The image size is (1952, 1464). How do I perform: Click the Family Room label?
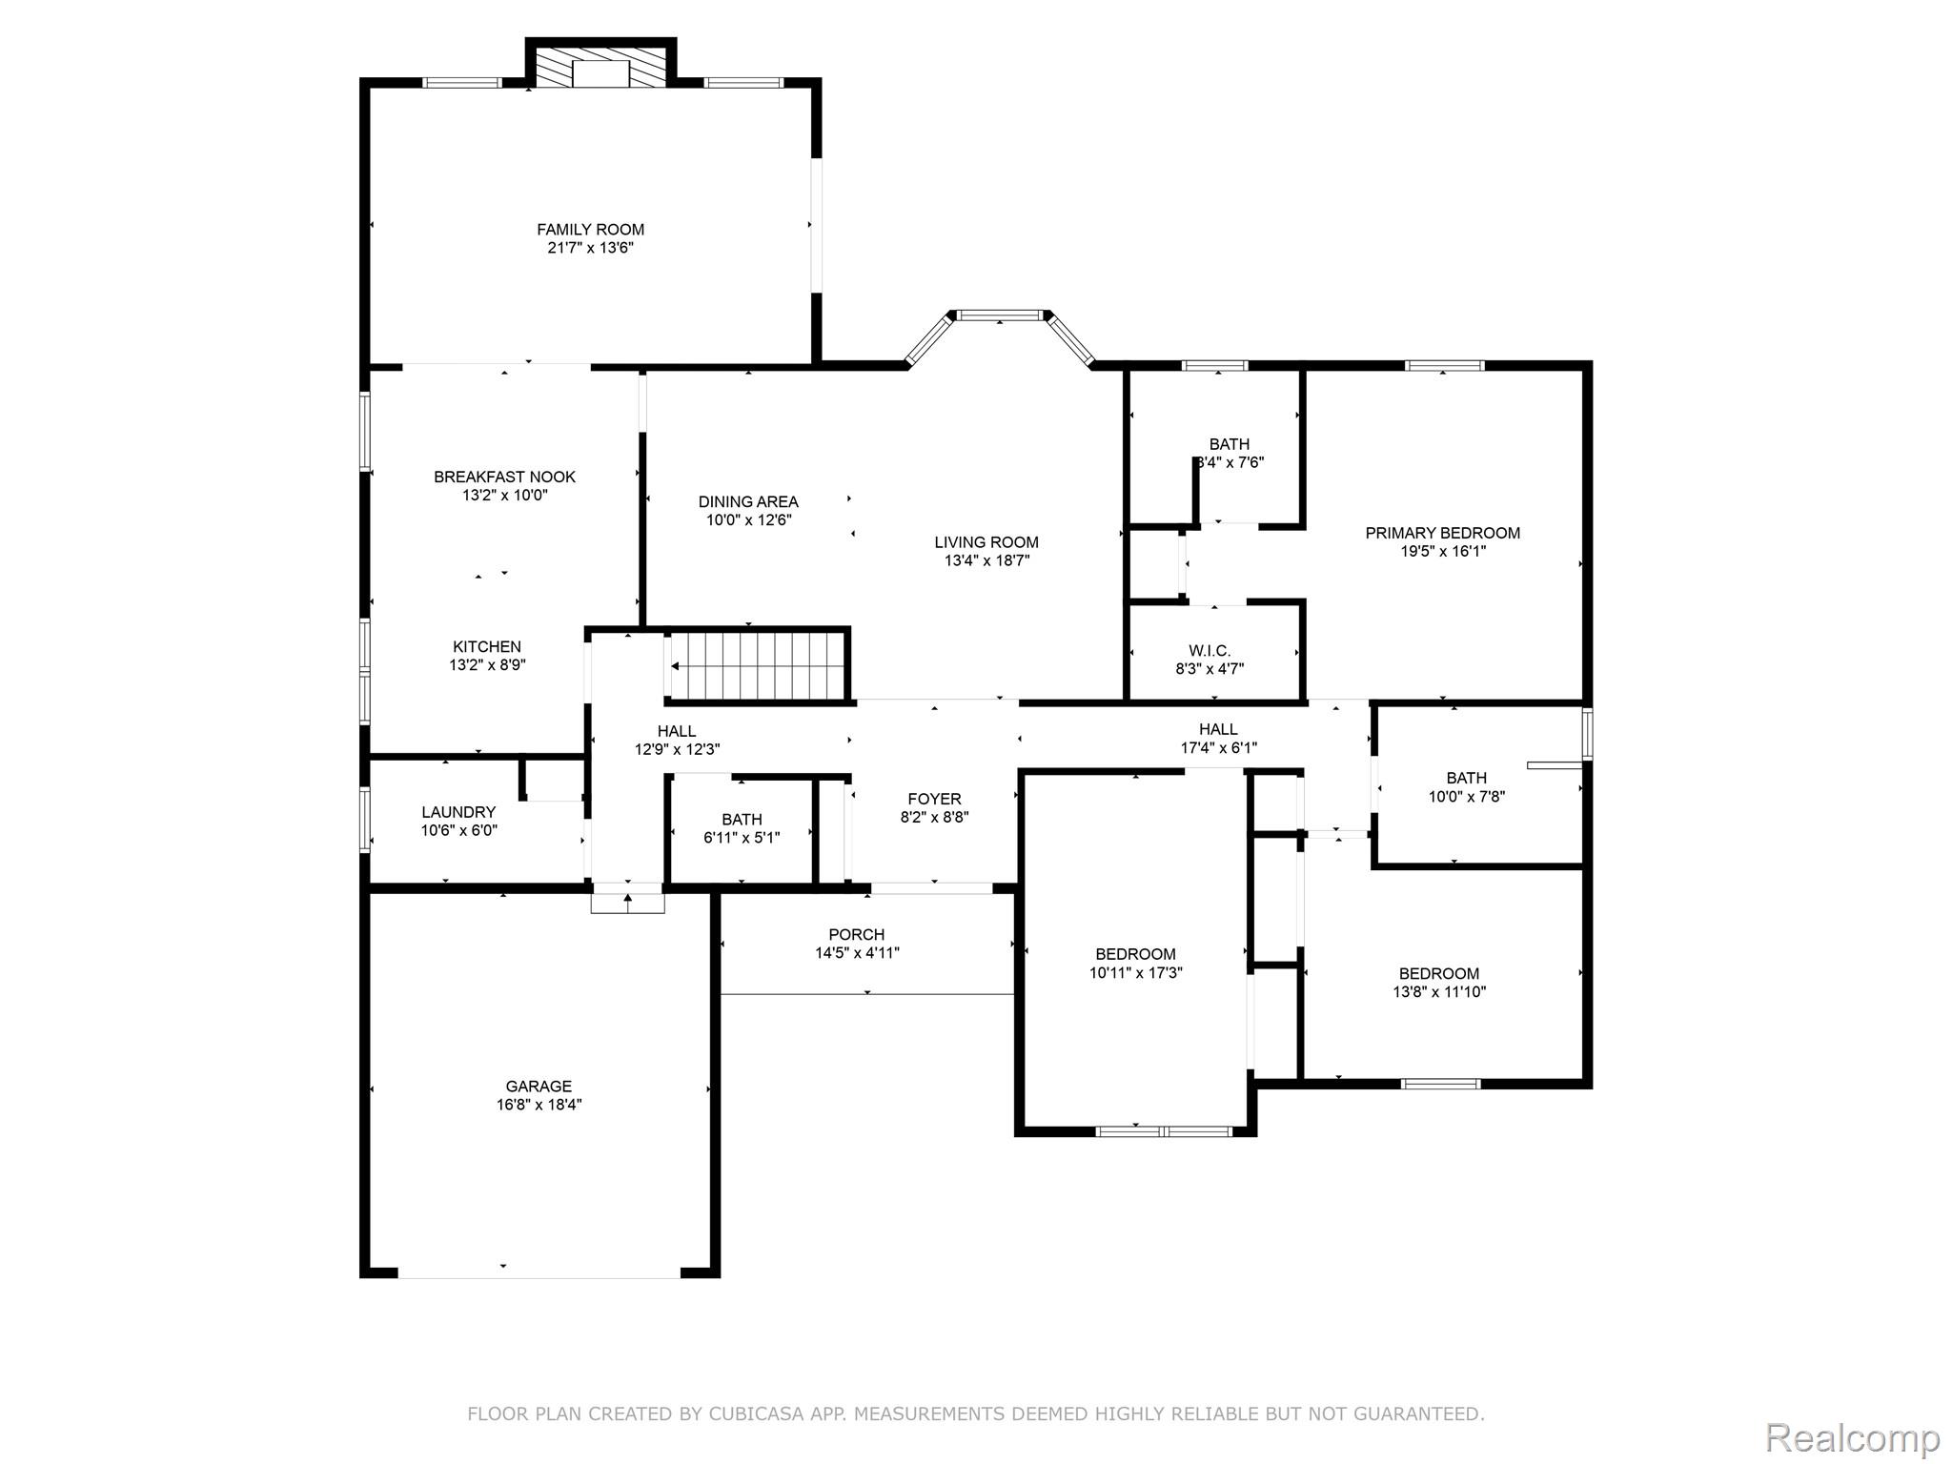(x=590, y=230)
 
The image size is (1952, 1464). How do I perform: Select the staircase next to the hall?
(x=758, y=666)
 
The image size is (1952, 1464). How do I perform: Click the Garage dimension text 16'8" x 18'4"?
(x=539, y=1105)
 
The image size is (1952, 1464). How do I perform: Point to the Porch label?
(x=856, y=935)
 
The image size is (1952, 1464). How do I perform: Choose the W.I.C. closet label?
(x=1210, y=651)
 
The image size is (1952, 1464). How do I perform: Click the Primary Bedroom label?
(x=1442, y=533)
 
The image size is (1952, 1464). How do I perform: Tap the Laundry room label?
(x=458, y=812)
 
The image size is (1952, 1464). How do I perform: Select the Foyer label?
(x=934, y=799)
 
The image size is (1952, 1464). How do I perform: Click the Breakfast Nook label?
(x=504, y=477)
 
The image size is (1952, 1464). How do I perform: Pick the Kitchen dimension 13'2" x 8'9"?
(x=487, y=665)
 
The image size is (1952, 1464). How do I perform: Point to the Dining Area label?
(x=748, y=501)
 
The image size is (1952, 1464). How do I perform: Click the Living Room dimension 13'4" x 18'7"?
(x=986, y=560)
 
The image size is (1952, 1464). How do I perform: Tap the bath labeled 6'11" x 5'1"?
(x=742, y=828)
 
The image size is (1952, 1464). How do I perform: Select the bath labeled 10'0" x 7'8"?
(x=1466, y=787)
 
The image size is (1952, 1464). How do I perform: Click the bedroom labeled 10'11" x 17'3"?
(x=1135, y=963)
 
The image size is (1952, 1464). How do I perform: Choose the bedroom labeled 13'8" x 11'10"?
(x=1438, y=983)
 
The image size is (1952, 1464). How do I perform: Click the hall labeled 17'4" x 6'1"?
(x=1218, y=739)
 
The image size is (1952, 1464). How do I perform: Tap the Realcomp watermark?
(x=1852, y=1436)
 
